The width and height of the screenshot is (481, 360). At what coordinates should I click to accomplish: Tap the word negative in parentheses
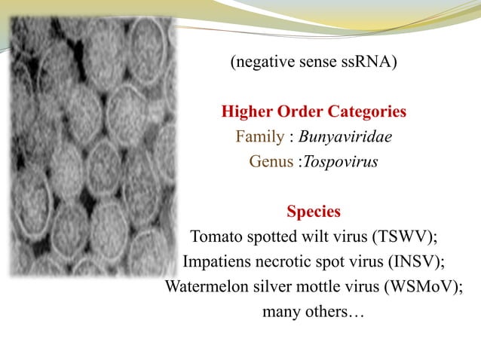point(259,63)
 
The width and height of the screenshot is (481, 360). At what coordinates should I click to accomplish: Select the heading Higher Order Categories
point(314,112)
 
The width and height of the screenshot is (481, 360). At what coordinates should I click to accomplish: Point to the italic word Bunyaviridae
point(345,137)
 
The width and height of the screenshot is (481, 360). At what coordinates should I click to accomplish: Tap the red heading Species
point(314,212)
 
